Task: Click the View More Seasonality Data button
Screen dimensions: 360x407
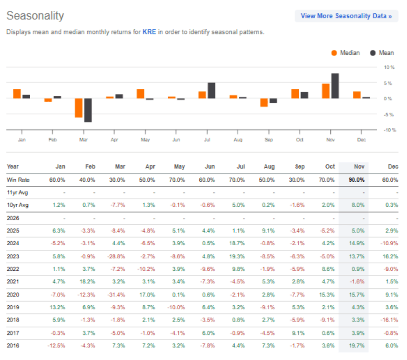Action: pyautogui.click(x=346, y=16)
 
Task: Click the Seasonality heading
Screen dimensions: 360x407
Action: pyautogui.click(x=35, y=16)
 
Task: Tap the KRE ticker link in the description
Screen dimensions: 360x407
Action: pyautogui.click(x=149, y=32)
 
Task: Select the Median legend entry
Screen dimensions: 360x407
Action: pyautogui.click(x=346, y=52)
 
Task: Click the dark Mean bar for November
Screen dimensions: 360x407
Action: pyautogui.click(x=335, y=86)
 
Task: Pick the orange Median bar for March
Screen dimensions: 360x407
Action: pyautogui.click(x=79, y=108)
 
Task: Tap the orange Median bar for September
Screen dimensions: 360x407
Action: pyautogui.click(x=264, y=103)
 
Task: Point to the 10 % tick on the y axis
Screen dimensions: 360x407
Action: pyautogui.click(x=388, y=67)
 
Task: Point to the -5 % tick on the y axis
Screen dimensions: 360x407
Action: pyautogui.click(x=388, y=114)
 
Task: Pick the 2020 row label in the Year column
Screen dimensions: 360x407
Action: pyautogui.click(x=13, y=295)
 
